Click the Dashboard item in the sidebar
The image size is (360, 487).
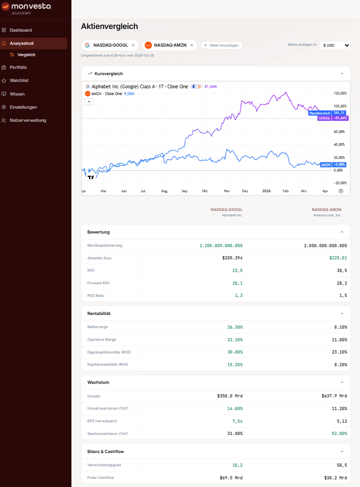click(20, 30)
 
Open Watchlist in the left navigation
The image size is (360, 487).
click(19, 81)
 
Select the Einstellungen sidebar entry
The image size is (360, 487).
click(23, 107)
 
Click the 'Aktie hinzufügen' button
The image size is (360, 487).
click(222, 45)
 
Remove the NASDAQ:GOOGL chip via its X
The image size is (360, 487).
click(133, 45)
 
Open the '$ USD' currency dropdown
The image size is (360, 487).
click(335, 45)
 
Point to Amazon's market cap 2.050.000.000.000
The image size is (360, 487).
click(325, 245)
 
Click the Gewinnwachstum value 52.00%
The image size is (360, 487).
click(340, 434)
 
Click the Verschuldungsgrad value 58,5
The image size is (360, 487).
click(342, 465)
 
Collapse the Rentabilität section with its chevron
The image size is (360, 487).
click(342, 313)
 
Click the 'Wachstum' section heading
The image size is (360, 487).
click(98, 382)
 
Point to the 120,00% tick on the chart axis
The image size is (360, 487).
click(340, 93)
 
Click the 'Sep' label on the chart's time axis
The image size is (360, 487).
click(184, 191)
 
